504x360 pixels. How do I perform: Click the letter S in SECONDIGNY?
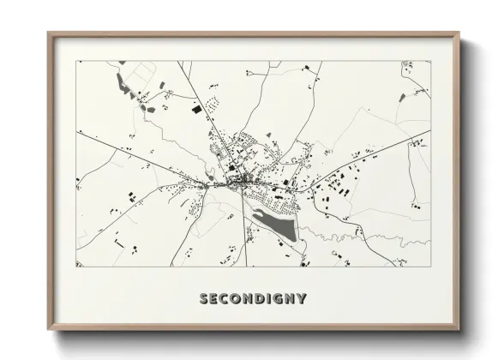[204, 299]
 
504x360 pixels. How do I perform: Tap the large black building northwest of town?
[196, 110]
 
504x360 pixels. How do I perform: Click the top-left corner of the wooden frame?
[49, 33]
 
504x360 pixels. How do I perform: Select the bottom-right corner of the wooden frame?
[459, 330]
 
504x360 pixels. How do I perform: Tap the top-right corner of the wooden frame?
[459, 33]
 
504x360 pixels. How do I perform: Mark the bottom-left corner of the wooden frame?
[49, 330]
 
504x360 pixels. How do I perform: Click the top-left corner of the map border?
[76, 61]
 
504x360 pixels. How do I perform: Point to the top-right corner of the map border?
[430, 61]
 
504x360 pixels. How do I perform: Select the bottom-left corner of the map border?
[76, 266]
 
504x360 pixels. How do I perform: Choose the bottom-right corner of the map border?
[430, 266]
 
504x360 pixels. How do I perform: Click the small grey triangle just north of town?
[268, 135]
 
